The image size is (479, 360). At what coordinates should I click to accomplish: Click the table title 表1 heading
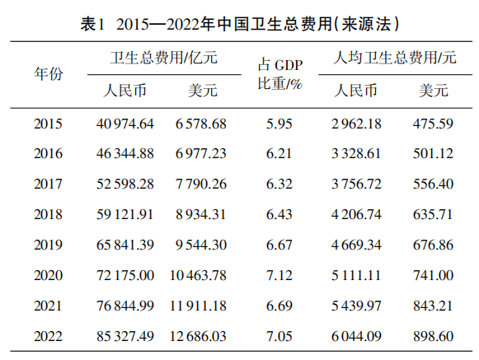(240, 24)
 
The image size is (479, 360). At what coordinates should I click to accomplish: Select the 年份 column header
(49, 74)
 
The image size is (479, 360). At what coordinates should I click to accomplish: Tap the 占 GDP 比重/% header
(279, 74)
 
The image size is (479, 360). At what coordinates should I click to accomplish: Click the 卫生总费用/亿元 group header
(164, 58)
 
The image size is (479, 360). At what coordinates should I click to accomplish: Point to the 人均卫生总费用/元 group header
(395, 58)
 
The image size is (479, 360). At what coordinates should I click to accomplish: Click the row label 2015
(48, 124)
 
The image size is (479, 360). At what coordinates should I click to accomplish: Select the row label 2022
(48, 336)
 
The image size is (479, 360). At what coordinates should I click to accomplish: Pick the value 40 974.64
(125, 124)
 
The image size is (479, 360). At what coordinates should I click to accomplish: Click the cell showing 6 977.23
(200, 153)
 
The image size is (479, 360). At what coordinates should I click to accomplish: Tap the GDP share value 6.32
(279, 184)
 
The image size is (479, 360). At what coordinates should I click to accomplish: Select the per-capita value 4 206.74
(356, 214)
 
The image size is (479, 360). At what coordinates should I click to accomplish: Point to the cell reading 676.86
(433, 245)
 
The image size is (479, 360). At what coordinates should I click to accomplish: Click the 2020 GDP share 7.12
(279, 275)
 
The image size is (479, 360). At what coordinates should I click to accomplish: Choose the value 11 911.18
(198, 306)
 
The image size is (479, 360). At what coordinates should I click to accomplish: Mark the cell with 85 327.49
(125, 336)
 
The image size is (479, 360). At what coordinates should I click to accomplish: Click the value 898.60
(433, 336)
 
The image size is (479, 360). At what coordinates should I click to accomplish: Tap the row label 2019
(48, 245)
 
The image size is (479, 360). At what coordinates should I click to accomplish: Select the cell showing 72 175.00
(125, 275)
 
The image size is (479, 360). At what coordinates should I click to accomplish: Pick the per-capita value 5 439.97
(356, 306)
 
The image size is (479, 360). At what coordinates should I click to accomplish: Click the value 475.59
(433, 124)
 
